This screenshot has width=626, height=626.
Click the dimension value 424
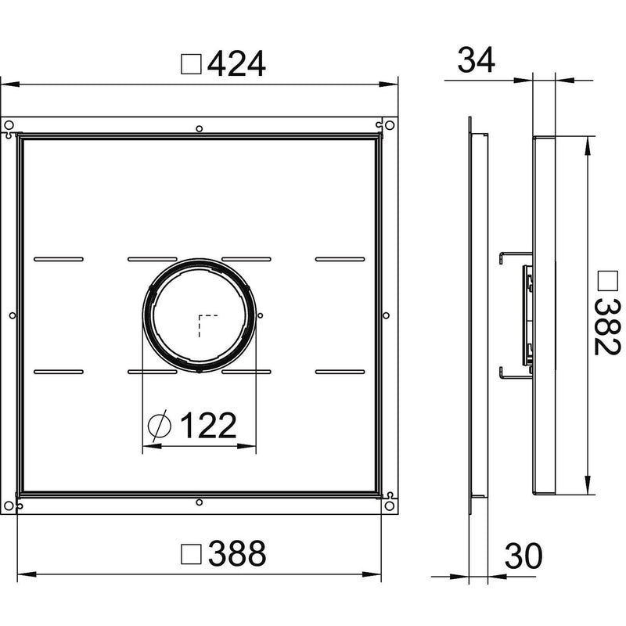(236, 64)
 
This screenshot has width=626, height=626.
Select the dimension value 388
(237, 553)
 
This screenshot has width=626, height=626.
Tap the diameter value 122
(208, 425)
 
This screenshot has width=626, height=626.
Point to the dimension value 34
(477, 60)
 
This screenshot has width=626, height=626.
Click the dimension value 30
(523, 556)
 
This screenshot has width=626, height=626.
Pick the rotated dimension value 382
(607, 327)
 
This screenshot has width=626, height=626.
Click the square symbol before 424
(191, 64)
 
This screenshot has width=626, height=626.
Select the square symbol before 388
(191, 554)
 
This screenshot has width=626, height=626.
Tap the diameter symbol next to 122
(160, 425)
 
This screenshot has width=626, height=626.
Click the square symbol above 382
(608, 281)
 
